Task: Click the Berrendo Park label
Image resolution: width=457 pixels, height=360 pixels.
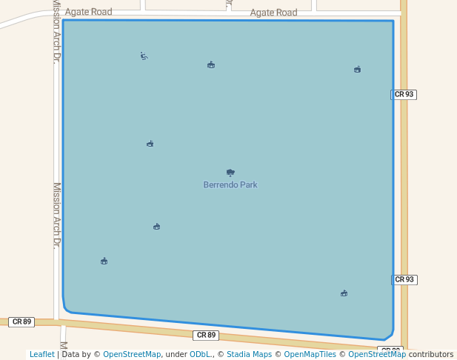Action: (230, 184)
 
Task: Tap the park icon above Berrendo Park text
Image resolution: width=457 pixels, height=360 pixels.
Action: (230, 172)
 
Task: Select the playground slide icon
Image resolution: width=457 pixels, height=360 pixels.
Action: (144, 56)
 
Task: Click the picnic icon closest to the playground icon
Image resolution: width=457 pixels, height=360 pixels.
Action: (211, 65)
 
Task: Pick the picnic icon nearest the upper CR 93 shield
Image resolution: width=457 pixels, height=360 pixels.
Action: (357, 70)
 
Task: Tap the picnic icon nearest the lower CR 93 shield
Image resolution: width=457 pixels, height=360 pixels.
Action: (344, 293)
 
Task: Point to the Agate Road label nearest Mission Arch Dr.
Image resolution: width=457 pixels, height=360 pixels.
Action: (88, 12)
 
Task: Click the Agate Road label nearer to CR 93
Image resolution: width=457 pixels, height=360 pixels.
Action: (273, 13)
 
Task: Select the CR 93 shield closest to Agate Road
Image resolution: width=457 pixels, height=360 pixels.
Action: (404, 94)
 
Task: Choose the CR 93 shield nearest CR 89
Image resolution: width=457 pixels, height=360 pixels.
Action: (404, 279)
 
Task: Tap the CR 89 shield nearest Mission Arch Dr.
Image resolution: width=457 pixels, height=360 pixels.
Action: (21, 321)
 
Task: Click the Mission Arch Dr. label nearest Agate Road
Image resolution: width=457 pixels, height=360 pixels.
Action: (56, 33)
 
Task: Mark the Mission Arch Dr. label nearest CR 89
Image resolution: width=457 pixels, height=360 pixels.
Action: (56, 215)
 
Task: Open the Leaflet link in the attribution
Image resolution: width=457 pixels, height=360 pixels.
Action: (42, 354)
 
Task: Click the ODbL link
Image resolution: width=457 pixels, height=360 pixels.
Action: (200, 354)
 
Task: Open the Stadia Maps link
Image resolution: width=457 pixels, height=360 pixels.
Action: (249, 354)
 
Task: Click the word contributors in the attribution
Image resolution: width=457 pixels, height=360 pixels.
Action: (431, 354)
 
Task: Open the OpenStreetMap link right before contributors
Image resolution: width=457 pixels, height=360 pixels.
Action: (377, 354)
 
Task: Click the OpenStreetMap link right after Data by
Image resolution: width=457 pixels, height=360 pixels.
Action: (132, 354)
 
